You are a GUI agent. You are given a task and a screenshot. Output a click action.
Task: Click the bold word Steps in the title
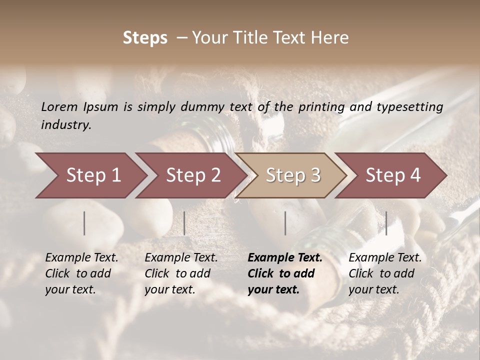click(145, 38)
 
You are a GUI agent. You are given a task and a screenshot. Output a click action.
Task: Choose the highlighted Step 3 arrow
click(292, 175)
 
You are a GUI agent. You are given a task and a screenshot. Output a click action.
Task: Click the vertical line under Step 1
click(84, 223)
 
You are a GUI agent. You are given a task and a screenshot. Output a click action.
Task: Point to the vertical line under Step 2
click(184, 223)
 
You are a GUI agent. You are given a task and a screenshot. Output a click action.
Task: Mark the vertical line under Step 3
click(285, 223)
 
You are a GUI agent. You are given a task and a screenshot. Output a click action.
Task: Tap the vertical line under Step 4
click(386, 223)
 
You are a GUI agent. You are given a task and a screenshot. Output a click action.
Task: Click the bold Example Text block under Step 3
click(285, 273)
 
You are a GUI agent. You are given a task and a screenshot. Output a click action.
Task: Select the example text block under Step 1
click(81, 273)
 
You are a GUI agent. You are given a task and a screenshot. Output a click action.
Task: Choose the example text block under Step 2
click(181, 273)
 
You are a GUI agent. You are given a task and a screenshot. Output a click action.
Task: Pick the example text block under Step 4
click(385, 273)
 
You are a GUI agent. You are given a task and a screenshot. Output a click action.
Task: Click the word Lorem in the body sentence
click(59, 106)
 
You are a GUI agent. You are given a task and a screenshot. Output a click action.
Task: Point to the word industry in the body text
click(66, 125)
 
